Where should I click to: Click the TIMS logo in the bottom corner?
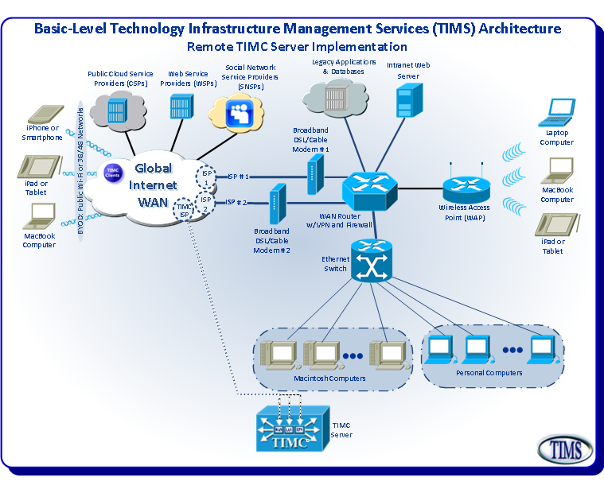[566, 449]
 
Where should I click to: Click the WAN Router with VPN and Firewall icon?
[369, 188]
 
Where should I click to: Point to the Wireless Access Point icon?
[464, 188]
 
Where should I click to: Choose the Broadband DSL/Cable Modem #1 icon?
[315, 173]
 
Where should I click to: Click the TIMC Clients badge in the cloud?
[112, 171]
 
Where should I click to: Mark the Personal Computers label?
[489, 372]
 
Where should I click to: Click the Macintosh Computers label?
[329, 378]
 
